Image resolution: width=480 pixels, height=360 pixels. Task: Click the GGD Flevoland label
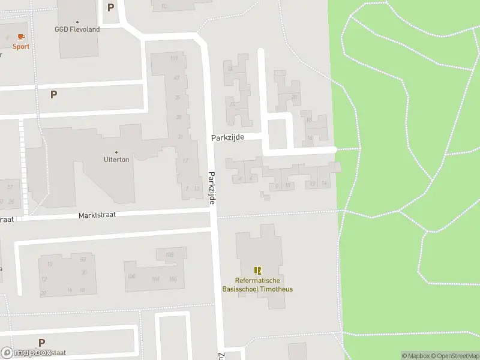tap(77, 29)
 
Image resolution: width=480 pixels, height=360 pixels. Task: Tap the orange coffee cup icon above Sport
tap(21, 37)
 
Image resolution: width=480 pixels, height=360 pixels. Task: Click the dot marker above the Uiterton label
tap(116, 152)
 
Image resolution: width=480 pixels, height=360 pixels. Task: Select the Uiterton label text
tap(116, 160)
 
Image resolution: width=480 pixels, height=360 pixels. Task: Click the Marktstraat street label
tap(97, 215)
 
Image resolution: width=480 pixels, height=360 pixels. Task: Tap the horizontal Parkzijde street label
tap(227, 137)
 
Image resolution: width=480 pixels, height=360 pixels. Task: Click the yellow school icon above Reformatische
tap(258, 271)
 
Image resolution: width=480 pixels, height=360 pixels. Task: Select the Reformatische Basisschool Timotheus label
tap(258, 285)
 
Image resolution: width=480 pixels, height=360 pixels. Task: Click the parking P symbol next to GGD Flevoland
tap(110, 8)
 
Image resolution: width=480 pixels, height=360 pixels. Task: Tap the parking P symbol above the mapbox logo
tap(41, 343)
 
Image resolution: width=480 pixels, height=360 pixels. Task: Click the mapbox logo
tap(25, 353)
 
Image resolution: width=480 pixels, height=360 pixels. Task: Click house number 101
tap(174, 58)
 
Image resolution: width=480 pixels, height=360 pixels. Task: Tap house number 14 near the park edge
tap(324, 183)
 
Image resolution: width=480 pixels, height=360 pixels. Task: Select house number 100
tap(131, 277)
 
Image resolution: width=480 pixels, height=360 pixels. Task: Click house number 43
tap(176, 77)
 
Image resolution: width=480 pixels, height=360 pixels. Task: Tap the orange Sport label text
tap(20, 47)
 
